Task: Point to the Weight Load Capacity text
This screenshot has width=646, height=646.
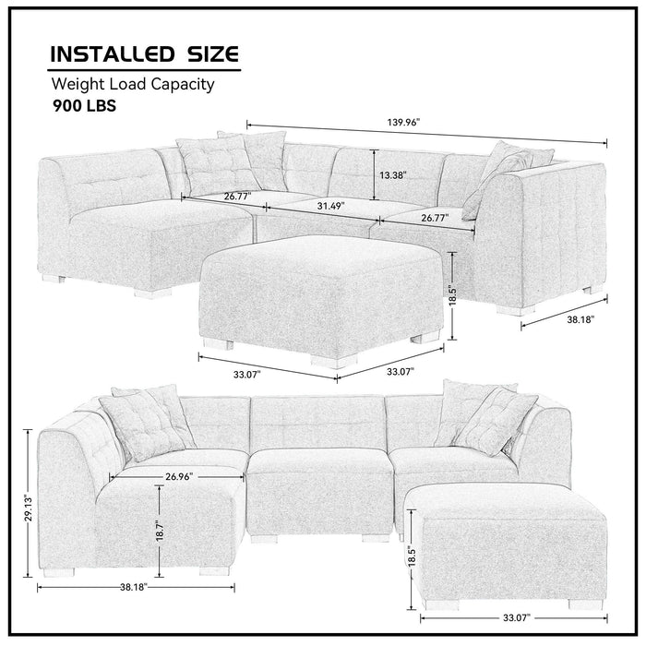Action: pyautogui.click(x=133, y=85)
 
